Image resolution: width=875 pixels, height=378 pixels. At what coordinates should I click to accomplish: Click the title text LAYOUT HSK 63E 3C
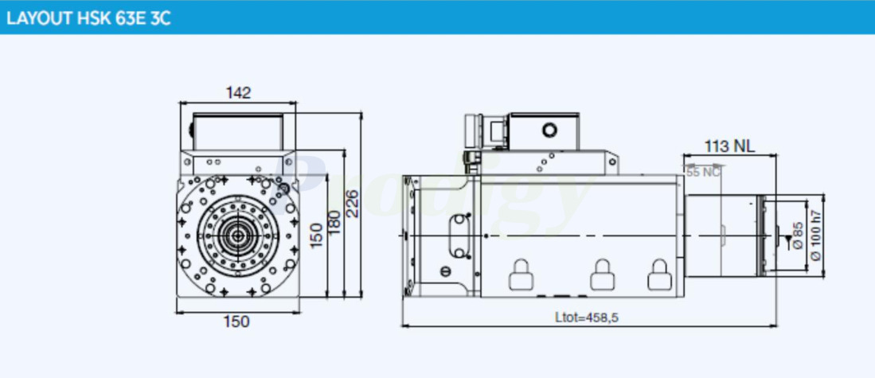(x=88, y=18)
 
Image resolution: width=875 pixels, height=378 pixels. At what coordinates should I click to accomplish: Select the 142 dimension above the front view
(x=237, y=92)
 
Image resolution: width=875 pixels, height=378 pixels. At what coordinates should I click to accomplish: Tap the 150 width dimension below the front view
(x=236, y=321)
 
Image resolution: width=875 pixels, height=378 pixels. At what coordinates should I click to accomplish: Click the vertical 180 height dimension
(x=334, y=222)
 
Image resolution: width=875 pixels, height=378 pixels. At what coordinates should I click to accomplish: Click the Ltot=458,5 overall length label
(x=587, y=318)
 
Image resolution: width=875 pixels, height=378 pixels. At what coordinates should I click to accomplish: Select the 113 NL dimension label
(x=729, y=146)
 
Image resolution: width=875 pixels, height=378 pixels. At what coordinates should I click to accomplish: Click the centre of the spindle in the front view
(x=237, y=236)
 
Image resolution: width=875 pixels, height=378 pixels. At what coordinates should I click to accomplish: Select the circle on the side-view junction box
(x=549, y=130)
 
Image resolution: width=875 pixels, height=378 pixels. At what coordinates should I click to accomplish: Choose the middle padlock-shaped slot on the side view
(x=600, y=275)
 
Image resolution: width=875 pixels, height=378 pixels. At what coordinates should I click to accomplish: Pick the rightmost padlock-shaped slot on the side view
(x=658, y=275)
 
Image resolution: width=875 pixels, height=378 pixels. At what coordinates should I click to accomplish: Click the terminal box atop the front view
(x=237, y=130)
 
